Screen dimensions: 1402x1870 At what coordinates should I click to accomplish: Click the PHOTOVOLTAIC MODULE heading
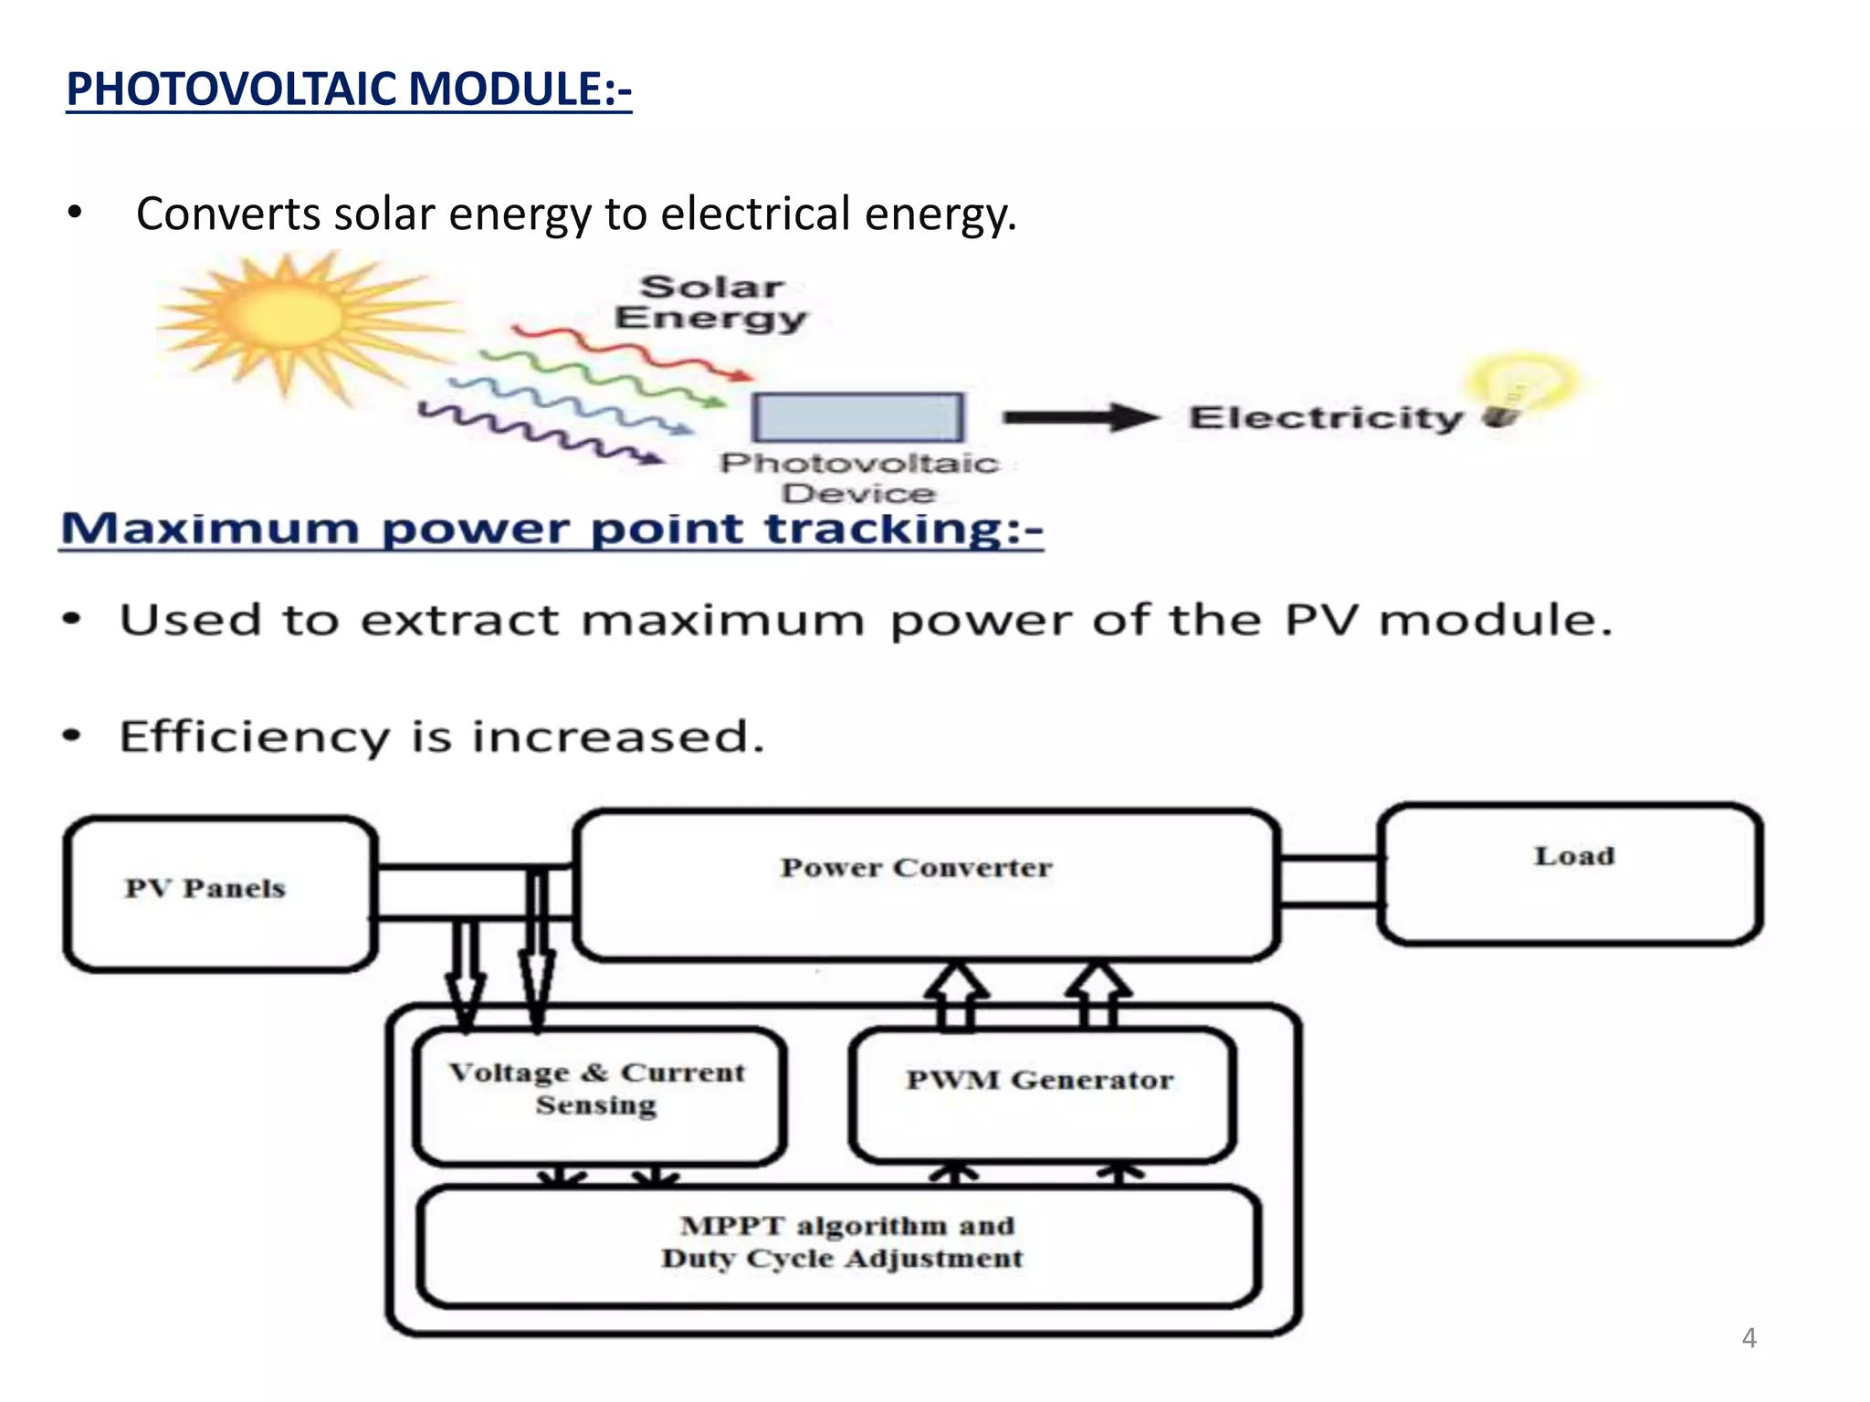[349, 89]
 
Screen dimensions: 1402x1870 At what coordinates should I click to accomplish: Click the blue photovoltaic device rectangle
[856, 418]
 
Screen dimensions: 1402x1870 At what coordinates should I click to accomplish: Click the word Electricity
[1326, 418]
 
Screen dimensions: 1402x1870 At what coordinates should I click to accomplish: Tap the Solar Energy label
[710, 302]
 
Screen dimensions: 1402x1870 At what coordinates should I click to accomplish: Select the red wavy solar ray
[630, 351]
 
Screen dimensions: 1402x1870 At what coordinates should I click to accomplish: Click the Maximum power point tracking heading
[551, 529]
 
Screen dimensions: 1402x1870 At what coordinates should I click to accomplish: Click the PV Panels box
[219, 894]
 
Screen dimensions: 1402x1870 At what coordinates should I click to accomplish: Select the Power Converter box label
[916, 867]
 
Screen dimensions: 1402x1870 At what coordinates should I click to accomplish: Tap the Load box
[1571, 874]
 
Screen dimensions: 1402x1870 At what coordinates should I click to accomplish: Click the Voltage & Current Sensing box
[598, 1095]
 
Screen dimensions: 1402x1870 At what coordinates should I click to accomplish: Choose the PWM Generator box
[1040, 1092]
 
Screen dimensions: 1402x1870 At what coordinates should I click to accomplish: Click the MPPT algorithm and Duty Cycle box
[841, 1245]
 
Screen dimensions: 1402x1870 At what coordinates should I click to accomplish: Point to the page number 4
[1749, 1338]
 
